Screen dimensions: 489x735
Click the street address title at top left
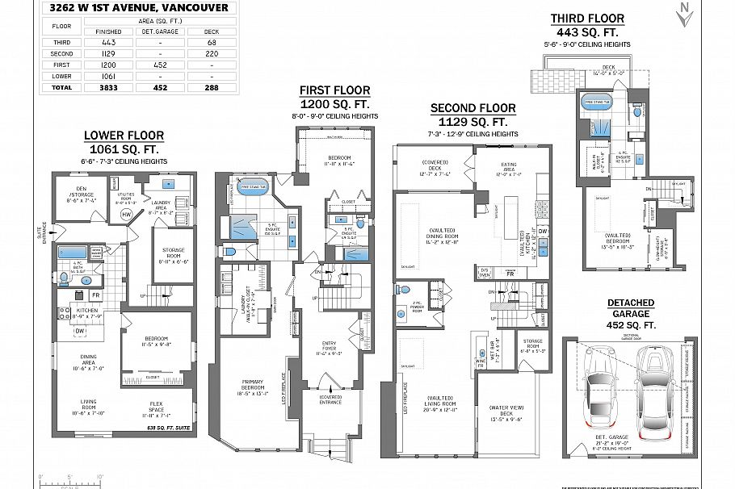pos(138,8)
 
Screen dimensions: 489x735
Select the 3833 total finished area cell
pos(107,86)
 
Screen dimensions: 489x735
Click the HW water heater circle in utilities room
pos(126,214)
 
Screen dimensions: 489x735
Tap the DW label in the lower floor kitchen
pos(80,331)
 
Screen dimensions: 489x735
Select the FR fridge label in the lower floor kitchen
pos(94,295)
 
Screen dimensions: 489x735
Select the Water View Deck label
pos(506,415)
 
